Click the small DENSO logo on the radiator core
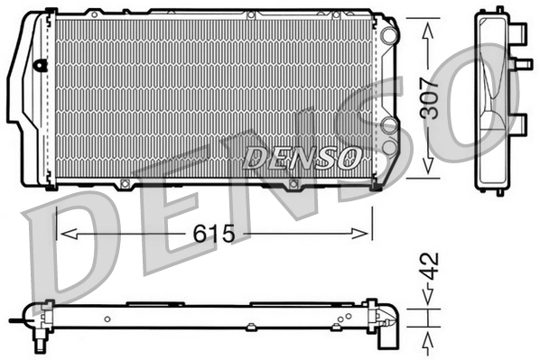[x=303, y=157]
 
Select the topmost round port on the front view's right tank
[x=388, y=35]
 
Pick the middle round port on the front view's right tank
[x=388, y=125]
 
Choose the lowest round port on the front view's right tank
[x=388, y=144]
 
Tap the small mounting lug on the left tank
[x=40, y=64]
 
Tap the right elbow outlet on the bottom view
[x=389, y=327]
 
